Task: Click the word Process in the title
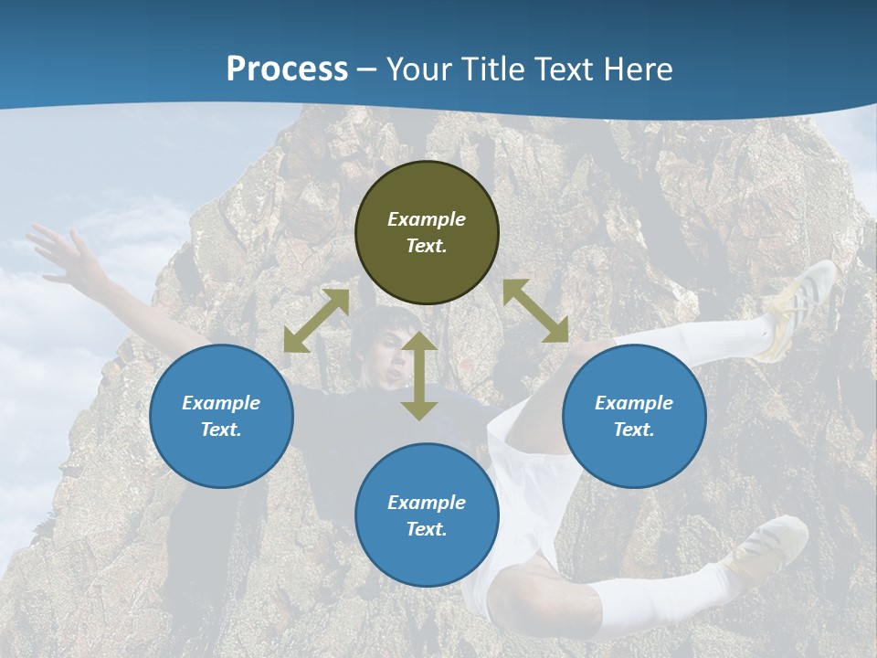(287, 69)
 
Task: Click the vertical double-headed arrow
(419, 377)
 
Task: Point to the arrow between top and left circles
(316, 321)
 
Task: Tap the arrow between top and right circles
(535, 311)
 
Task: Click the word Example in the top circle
(427, 219)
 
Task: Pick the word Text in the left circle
(221, 430)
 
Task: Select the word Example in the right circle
(634, 403)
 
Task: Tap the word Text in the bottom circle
(427, 529)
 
